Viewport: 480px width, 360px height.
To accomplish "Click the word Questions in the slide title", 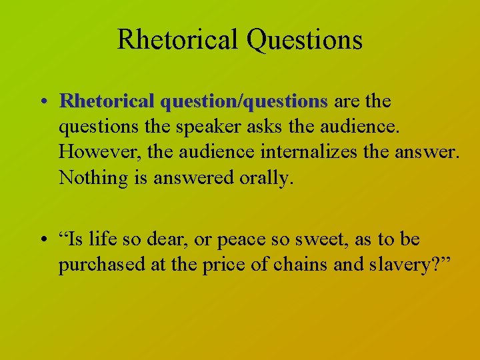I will click(x=304, y=40).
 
